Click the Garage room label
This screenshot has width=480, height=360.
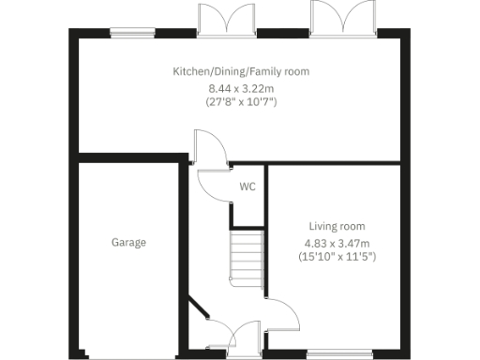(x=129, y=243)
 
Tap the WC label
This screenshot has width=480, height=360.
(x=247, y=187)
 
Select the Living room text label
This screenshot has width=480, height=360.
(x=337, y=226)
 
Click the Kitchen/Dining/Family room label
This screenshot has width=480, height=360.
(x=240, y=71)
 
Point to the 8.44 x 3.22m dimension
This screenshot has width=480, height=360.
(x=240, y=87)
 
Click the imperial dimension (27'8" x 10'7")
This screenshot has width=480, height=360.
(x=240, y=101)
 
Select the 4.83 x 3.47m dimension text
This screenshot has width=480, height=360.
(x=337, y=242)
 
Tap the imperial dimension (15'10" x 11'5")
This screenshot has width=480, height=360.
(x=337, y=255)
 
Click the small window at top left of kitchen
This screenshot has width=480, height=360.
(x=126, y=35)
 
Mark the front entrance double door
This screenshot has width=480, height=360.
(x=231, y=336)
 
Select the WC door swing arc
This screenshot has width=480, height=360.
(x=213, y=181)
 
